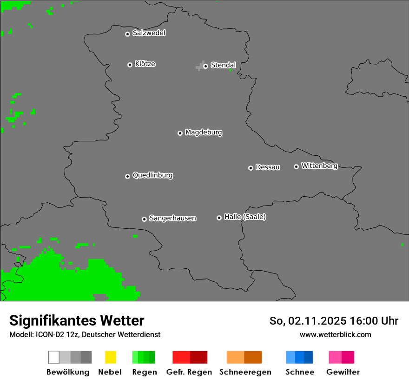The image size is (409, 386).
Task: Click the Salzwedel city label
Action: tap(149, 33)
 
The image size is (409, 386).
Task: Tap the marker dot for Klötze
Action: tap(130, 65)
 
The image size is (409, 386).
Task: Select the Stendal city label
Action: tap(224, 65)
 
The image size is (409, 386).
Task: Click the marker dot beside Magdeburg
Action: tap(180, 133)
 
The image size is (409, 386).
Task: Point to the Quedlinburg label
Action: tap(152, 175)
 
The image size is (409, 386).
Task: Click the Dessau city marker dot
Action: tap(251, 168)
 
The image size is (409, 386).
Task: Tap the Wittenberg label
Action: tap(319, 166)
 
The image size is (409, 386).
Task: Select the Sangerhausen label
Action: tap(172, 218)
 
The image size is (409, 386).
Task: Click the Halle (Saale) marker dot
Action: tap(219, 218)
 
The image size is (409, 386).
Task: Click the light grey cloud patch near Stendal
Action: tap(200, 66)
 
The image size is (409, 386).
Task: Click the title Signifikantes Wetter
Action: tap(77, 321)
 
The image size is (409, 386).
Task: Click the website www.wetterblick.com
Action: tap(335, 335)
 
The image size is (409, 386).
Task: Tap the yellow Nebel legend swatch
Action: tap(110, 357)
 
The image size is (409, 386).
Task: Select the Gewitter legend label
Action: tap(343, 372)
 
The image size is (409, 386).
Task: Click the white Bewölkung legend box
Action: tap(53, 357)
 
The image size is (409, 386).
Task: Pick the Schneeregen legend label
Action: tap(245, 372)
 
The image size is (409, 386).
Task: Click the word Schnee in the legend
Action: tap(299, 372)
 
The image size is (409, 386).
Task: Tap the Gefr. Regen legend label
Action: tap(189, 372)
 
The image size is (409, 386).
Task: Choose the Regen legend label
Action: tap(144, 372)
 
